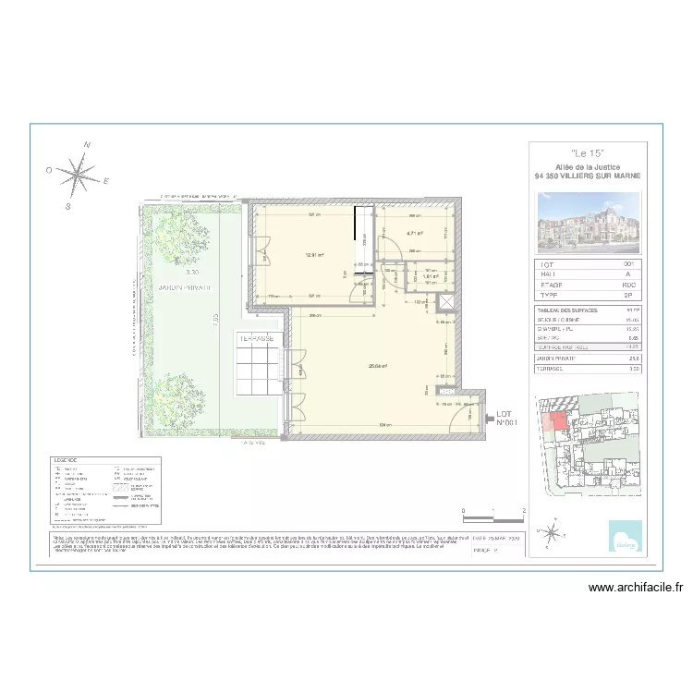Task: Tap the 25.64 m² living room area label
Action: click(377, 366)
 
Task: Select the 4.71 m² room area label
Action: click(415, 234)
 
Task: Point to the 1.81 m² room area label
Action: click(430, 276)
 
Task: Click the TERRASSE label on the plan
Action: click(257, 339)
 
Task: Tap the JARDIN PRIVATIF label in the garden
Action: click(184, 288)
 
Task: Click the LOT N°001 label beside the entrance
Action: click(505, 419)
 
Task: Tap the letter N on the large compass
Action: click(87, 145)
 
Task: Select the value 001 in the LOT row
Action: click(630, 265)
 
